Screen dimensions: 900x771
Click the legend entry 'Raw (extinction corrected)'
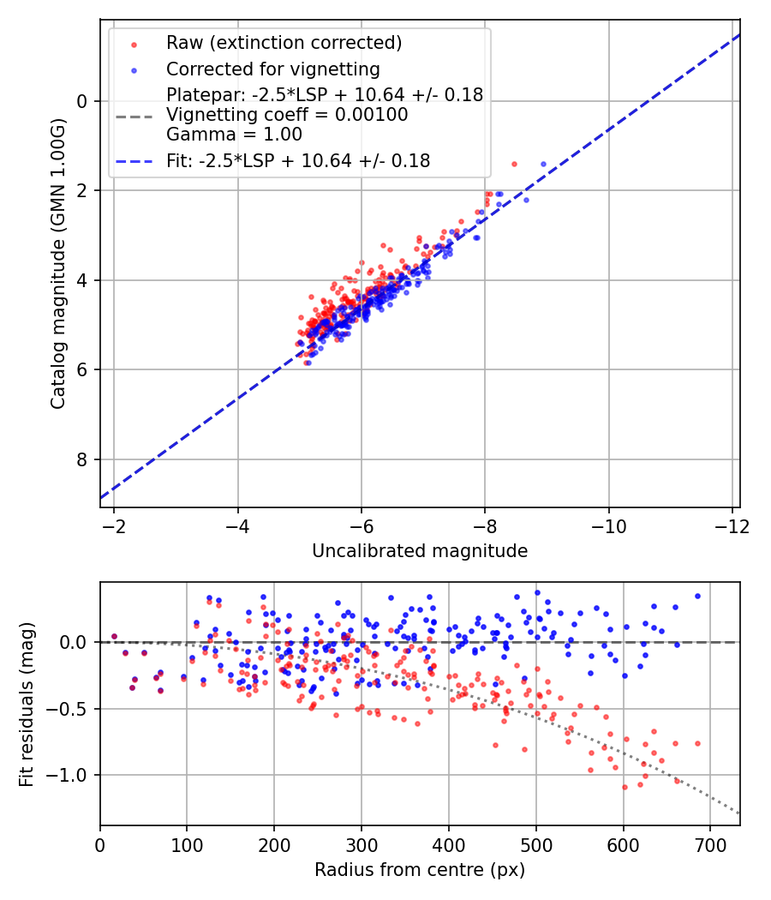[x=284, y=42]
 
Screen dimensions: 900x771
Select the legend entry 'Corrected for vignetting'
[x=272, y=69]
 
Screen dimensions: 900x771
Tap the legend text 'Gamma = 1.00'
[x=234, y=135]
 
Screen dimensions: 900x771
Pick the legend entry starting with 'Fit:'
[x=298, y=160]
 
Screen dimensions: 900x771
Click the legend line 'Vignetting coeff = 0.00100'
[x=287, y=115]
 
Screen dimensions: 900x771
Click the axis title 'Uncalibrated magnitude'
[x=420, y=551]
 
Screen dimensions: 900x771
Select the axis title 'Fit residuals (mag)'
[x=27, y=703]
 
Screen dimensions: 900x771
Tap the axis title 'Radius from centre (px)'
[x=420, y=870]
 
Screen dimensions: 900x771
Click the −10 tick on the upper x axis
[x=608, y=524]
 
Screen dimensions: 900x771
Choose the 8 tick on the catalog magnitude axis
[x=82, y=459]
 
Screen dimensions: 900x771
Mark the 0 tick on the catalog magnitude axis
[x=82, y=101]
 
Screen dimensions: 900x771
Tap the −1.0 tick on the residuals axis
[x=70, y=775]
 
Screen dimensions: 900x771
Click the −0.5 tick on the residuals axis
[x=70, y=709]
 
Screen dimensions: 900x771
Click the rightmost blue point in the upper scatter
[x=543, y=164]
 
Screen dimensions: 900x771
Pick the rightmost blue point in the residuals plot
[x=697, y=596]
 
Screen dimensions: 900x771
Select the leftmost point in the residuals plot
[x=114, y=637]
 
